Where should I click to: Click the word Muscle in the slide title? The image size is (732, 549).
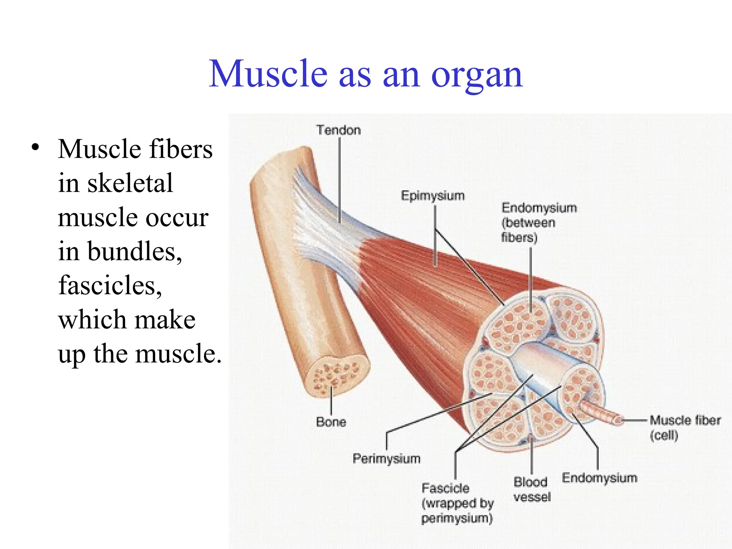click(268, 74)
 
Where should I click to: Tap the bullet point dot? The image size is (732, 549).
click(35, 148)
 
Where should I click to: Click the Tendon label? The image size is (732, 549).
click(338, 130)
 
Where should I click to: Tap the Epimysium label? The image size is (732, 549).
click(432, 196)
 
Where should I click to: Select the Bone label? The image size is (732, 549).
click(331, 422)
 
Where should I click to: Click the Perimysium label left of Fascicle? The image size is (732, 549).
click(386, 459)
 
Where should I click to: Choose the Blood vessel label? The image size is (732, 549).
click(531, 489)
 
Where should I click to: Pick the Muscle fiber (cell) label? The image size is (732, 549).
click(684, 427)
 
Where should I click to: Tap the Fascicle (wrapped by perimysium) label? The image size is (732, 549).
click(457, 503)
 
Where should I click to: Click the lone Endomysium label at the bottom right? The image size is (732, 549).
click(599, 478)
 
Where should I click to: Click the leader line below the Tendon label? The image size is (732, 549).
click(339, 179)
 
